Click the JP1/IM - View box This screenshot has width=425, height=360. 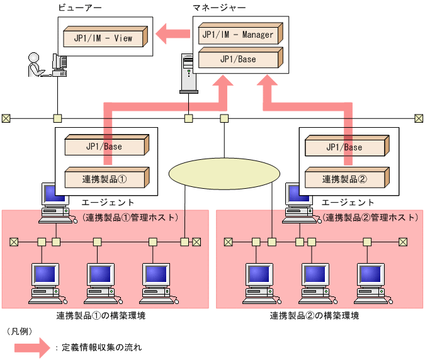[x=105, y=37]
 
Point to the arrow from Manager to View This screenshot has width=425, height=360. [x=173, y=34]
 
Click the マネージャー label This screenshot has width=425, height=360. [x=220, y=8]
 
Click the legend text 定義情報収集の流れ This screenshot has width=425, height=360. [x=101, y=347]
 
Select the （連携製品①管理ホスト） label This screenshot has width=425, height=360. [x=130, y=217]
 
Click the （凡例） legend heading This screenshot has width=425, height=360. [x=20, y=330]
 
